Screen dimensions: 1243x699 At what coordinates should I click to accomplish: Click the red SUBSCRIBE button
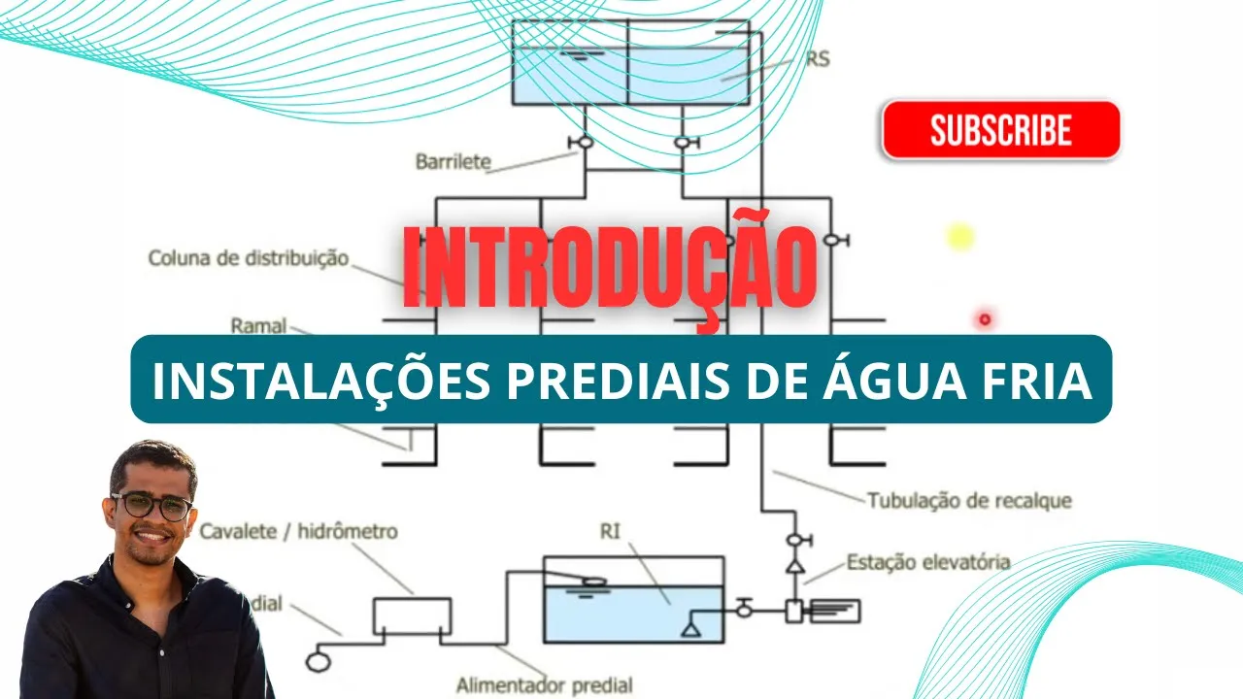click(x=1000, y=130)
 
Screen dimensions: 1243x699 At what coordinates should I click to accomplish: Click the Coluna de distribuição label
click(x=248, y=258)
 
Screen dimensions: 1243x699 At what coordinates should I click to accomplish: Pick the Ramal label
click(x=258, y=325)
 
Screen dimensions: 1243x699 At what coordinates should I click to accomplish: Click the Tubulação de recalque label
click(x=968, y=501)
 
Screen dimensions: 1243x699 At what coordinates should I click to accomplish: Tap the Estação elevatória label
click(x=927, y=562)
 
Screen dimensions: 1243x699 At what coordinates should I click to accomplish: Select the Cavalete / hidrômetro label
click(x=298, y=532)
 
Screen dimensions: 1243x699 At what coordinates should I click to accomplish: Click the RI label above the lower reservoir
click(x=611, y=530)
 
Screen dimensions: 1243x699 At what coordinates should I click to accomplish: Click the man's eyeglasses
click(x=151, y=506)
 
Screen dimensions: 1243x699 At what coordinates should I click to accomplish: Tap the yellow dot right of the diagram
click(x=959, y=236)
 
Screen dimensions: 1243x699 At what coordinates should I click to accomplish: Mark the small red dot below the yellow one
click(x=985, y=319)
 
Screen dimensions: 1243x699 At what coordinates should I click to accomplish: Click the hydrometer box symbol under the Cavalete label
click(x=412, y=614)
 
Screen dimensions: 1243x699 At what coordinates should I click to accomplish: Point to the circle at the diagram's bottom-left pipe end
click(x=317, y=661)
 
